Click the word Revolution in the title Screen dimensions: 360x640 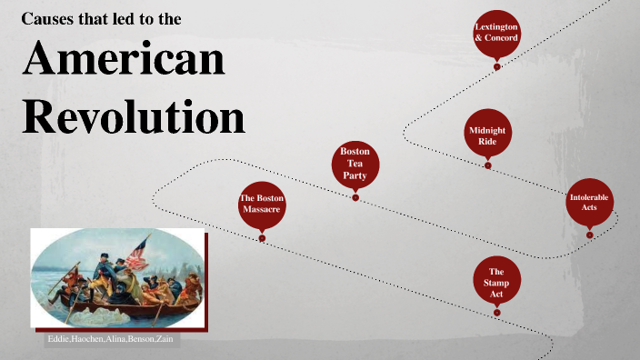point(134,117)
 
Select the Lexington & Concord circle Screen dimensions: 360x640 point(496,33)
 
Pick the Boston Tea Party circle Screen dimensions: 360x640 point(355,163)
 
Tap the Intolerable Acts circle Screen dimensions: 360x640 point(589,202)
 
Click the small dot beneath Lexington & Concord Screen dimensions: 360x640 point(496,66)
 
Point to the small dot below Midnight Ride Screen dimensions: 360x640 point(488,165)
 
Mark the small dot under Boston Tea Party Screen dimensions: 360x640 point(355,197)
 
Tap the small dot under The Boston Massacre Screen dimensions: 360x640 point(262,238)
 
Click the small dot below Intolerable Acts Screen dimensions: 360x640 point(589,235)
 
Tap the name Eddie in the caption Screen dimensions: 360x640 point(58,340)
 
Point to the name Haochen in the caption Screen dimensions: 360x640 point(88,340)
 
